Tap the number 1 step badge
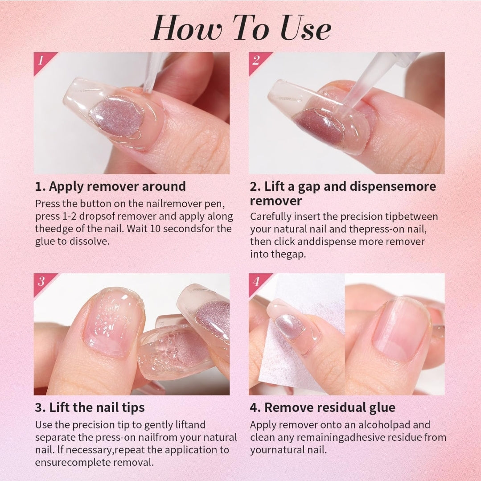pos(41,60)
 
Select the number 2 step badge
pos(256,60)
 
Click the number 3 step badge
pos(41,281)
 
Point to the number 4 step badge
pos(256,281)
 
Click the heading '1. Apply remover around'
pos(111,186)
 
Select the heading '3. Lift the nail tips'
pos(90,407)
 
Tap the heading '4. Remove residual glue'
pos(322,407)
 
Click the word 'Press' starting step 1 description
pos(46,204)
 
